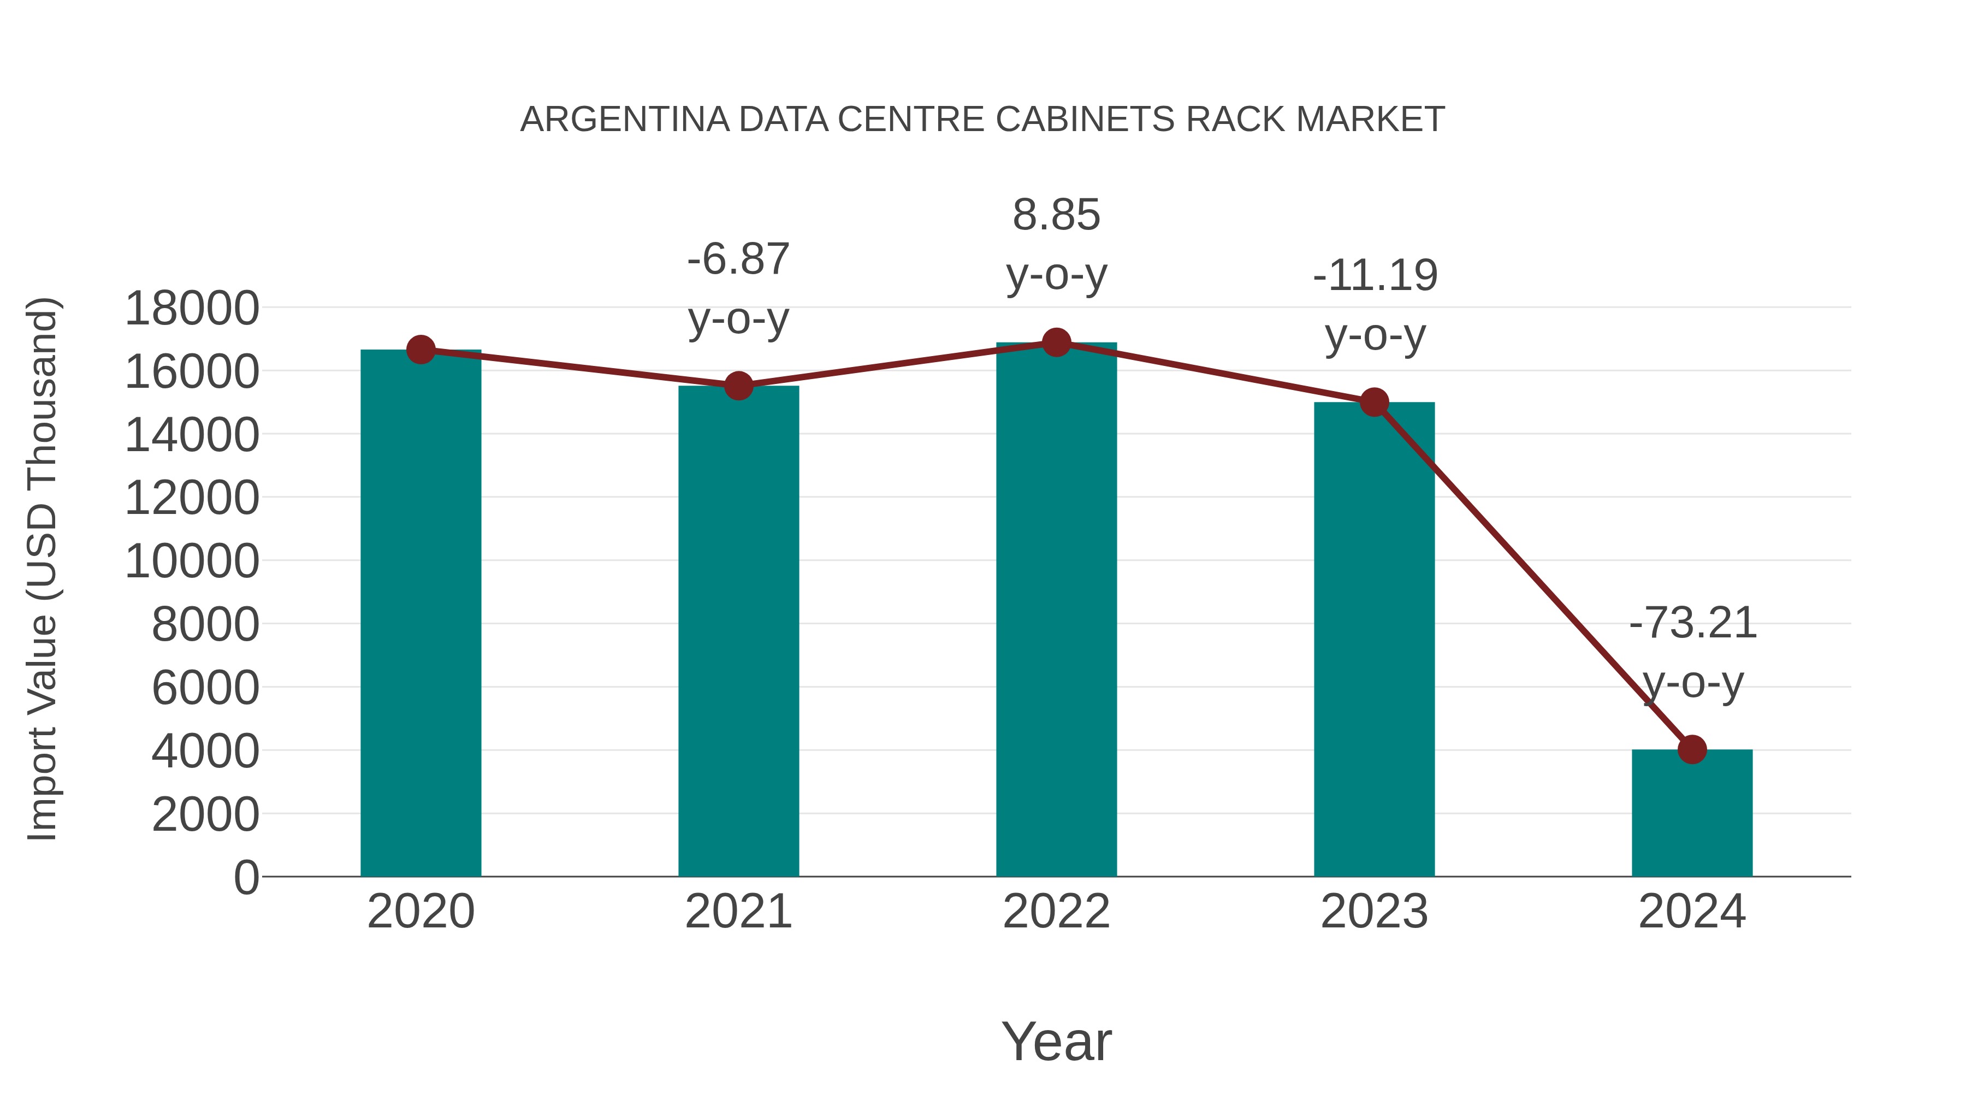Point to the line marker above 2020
click(x=421, y=350)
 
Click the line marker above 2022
click(x=1056, y=342)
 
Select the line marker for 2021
click(x=738, y=386)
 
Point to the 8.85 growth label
click(x=1056, y=215)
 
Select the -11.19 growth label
click(x=1375, y=276)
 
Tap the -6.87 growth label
click(x=738, y=259)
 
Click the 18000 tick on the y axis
click(x=192, y=309)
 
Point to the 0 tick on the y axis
click(x=246, y=877)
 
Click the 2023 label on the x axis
click(x=1374, y=912)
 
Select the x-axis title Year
click(x=1056, y=1041)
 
